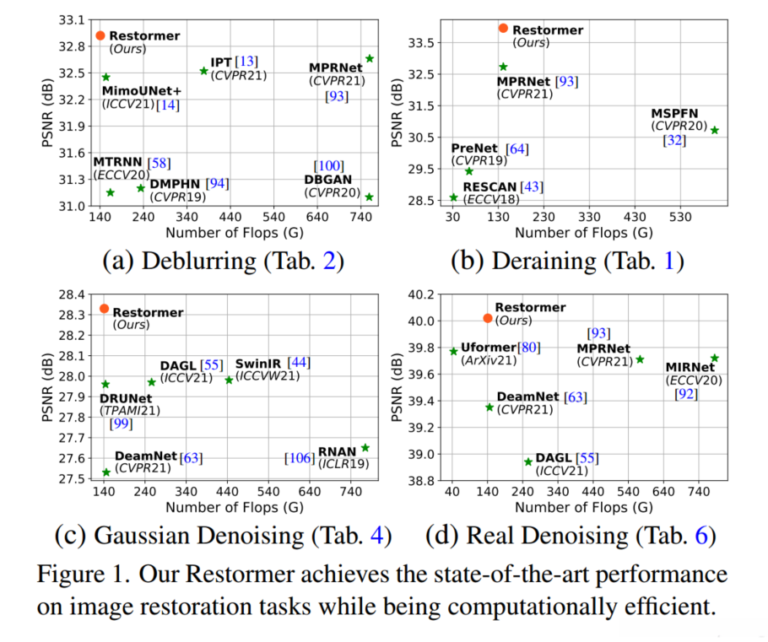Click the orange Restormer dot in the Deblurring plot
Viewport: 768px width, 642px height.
[x=100, y=35]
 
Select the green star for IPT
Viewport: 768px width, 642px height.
[x=203, y=71]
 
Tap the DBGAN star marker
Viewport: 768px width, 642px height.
[x=369, y=197]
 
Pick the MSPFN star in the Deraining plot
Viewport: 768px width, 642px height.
[x=715, y=130]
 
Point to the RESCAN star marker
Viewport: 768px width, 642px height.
[x=453, y=197]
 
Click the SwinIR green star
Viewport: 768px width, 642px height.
[x=229, y=380]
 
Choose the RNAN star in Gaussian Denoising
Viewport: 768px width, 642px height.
[x=365, y=448]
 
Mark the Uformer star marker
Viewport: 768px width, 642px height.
[x=453, y=351]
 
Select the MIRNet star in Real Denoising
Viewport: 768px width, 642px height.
[x=715, y=358]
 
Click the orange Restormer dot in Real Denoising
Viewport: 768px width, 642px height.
[x=488, y=318]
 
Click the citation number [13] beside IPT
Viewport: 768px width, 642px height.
[x=247, y=62]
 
